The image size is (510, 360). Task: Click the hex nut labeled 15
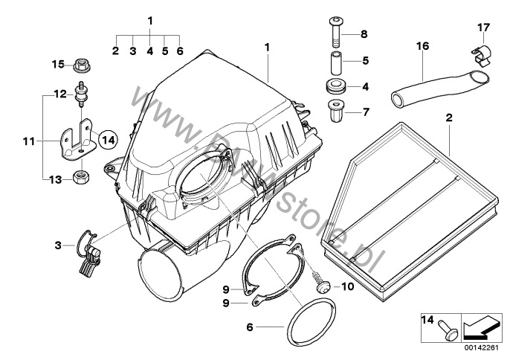(x=82, y=65)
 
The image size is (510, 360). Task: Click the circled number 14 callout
(x=108, y=138)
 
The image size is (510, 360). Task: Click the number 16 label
(x=422, y=46)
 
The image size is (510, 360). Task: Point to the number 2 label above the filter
(x=448, y=118)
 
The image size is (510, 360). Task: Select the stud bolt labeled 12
(x=80, y=92)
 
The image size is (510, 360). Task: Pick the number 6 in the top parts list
(x=179, y=51)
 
